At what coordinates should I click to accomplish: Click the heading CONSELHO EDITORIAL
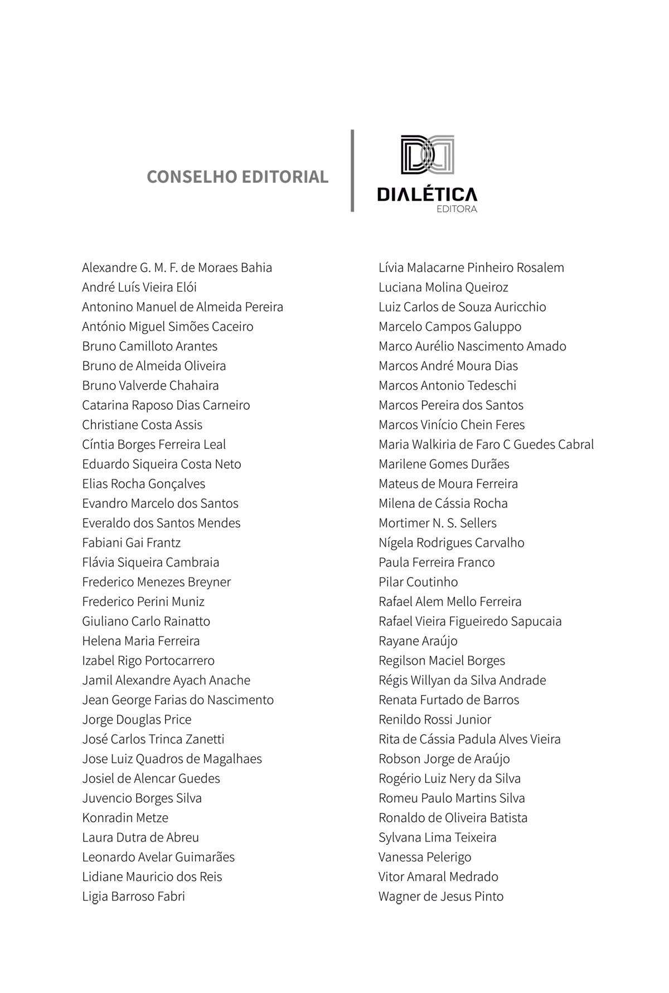[237, 177]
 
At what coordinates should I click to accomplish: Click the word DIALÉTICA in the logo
[427, 194]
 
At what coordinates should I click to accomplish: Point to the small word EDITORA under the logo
[457, 210]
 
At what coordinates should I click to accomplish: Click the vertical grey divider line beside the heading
[352, 171]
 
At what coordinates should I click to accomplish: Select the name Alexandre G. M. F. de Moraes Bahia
[177, 268]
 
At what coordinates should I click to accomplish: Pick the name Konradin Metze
[125, 818]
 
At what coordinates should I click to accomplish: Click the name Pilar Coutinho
[418, 582]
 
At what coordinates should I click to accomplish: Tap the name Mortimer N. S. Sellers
[437, 523]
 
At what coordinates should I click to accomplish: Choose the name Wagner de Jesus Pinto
[440, 897]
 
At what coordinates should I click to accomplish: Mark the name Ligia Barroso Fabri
[133, 897]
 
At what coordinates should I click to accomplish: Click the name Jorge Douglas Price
[137, 720]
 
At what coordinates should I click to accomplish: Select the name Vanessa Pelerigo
[425, 857]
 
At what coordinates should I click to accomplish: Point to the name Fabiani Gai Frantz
[131, 542]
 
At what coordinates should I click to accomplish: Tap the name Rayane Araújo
[418, 641]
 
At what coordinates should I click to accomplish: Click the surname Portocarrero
[180, 661]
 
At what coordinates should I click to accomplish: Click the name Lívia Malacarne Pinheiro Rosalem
[471, 268]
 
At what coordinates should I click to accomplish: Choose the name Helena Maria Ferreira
[140, 641]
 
